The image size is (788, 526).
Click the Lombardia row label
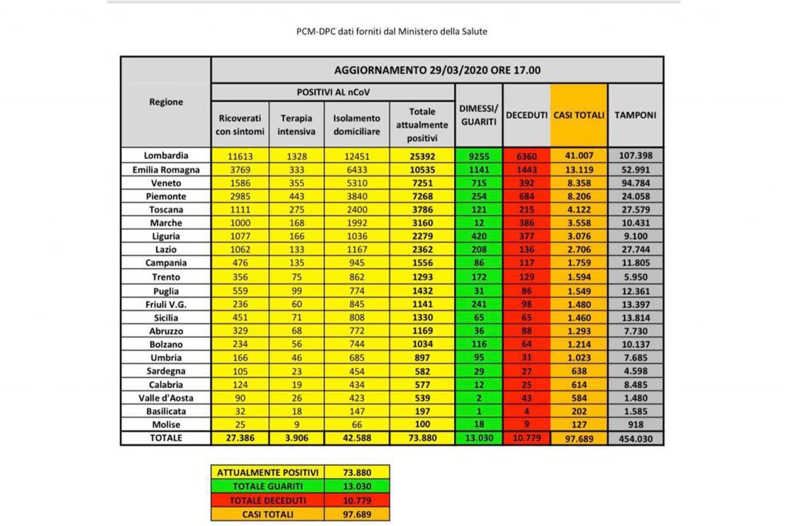(165, 156)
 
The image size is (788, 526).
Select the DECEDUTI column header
(526, 115)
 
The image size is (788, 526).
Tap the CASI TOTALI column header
(579, 115)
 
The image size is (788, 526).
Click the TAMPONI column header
(636, 115)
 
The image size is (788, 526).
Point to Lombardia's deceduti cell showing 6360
(526, 156)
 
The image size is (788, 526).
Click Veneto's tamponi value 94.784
(636, 183)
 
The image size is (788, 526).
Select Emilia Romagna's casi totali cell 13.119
(579, 169)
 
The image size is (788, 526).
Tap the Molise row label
(165, 424)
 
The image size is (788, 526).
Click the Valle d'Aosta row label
(165, 397)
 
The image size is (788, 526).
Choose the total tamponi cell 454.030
(636, 438)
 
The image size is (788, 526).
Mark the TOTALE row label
(165, 438)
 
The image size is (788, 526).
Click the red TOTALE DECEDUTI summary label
(268, 499)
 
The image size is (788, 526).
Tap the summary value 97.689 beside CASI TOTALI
(357, 513)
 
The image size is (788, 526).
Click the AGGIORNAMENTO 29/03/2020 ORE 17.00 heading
(437, 70)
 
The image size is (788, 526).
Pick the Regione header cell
(165, 102)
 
